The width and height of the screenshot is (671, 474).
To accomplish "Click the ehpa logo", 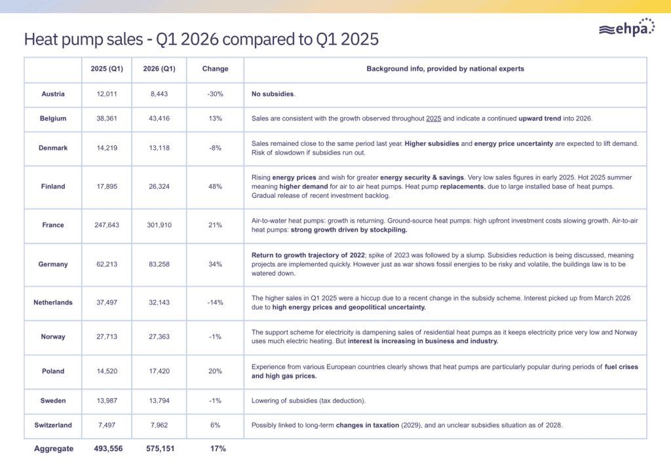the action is [627, 27].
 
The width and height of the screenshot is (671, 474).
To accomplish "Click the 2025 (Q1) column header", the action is [107, 68].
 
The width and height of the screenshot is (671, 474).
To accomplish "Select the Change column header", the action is [215, 68].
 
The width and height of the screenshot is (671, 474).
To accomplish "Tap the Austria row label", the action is [53, 94].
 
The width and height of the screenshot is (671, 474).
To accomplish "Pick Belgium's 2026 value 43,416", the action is [159, 119].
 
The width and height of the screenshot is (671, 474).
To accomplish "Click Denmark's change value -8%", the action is [215, 148].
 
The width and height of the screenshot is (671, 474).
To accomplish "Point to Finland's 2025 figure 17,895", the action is [107, 187].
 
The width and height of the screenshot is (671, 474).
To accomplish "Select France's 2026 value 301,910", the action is [159, 225].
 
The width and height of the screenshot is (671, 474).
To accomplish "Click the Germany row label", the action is [53, 264].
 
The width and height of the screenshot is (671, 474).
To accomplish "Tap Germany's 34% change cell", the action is [215, 264].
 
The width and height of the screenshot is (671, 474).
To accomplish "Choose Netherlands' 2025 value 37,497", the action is [107, 302].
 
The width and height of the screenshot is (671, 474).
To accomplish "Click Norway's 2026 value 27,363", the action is [159, 337].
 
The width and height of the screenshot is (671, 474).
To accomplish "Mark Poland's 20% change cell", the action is [215, 371].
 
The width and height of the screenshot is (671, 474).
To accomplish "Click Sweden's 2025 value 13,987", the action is [107, 401].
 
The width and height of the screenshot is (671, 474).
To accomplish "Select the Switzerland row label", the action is [53, 425].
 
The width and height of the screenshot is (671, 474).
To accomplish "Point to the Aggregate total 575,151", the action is [160, 448].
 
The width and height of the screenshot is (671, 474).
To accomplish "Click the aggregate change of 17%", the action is [218, 448].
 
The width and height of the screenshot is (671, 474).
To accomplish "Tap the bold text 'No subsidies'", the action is [273, 94].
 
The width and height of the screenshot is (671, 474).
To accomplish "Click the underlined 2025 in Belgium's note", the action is [434, 119].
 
